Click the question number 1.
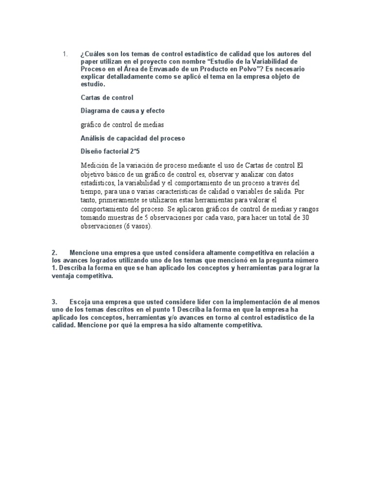65,54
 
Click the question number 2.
54,253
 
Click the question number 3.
54,302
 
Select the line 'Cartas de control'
107,98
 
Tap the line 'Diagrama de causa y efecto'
122,111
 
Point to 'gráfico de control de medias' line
122,125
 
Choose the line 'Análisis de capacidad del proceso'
133,138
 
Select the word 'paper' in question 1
90,62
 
